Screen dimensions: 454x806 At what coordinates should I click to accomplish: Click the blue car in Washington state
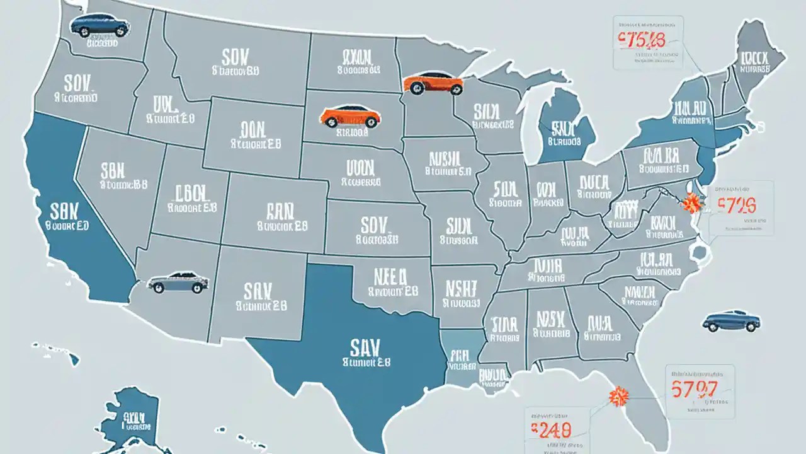coord(100,26)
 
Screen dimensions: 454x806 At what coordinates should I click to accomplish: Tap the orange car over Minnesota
coord(433,83)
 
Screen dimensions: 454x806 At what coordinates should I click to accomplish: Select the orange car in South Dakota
coord(350,116)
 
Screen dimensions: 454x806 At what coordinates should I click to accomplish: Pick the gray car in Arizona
coord(178,282)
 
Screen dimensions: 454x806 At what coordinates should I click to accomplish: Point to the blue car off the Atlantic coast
coord(731,321)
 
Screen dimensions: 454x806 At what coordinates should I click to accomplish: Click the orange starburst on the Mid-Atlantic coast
coord(691,203)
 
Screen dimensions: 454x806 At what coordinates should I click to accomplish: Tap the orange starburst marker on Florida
coord(620,396)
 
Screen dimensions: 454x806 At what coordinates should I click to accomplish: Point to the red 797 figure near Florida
coord(695,389)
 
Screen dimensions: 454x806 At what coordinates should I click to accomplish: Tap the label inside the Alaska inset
coord(134,417)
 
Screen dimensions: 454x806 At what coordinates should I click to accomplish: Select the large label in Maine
coord(754,60)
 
